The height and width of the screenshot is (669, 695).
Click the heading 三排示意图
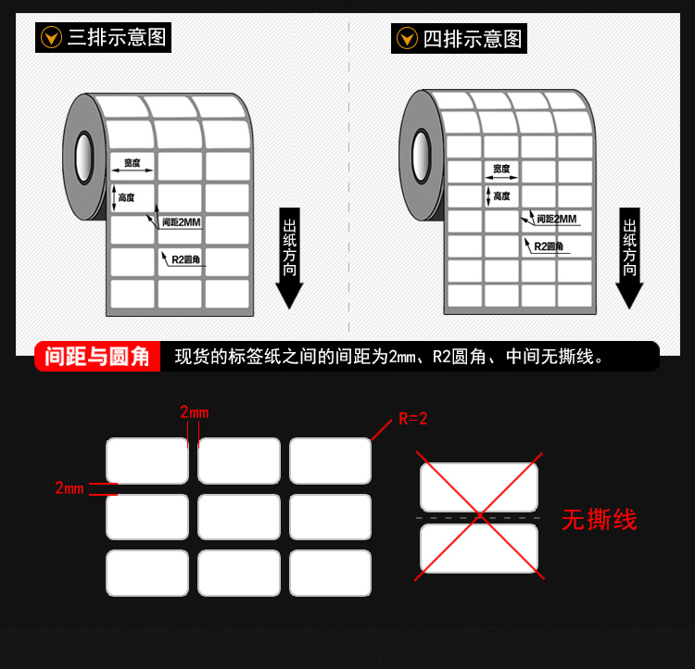tap(117, 37)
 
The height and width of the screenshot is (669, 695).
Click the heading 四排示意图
tap(473, 39)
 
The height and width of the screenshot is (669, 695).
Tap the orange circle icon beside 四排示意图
tap(407, 38)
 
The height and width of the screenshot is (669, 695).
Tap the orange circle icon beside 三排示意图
tap(51, 37)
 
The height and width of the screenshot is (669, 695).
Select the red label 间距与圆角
tap(97, 357)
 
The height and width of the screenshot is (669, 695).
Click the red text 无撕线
tap(600, 520)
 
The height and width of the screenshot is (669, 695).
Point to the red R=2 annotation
tap(413, 419)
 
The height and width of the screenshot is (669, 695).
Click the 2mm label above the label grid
tap(195, 412)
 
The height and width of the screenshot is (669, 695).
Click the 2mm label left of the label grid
tap(69, 488)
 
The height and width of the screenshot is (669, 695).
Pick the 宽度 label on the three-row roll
tap(133, 163)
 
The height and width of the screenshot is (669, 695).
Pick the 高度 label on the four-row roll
tap(501, 196)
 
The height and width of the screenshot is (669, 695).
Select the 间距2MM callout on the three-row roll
tap(182, 221)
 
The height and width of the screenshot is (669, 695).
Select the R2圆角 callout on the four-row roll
tap(549, 246)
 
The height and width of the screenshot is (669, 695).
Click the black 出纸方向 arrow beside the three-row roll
tap(289, 258)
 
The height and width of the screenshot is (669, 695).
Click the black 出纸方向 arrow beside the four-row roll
tap(629, 258)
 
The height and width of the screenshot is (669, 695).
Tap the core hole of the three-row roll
tap(83, 157)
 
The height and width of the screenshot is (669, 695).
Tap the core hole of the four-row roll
tap(421, 156)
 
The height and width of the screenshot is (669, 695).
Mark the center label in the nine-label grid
tap(239, 517)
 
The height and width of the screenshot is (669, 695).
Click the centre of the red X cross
tap(480, 516)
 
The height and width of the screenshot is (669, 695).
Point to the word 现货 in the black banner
tap(193, 357)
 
